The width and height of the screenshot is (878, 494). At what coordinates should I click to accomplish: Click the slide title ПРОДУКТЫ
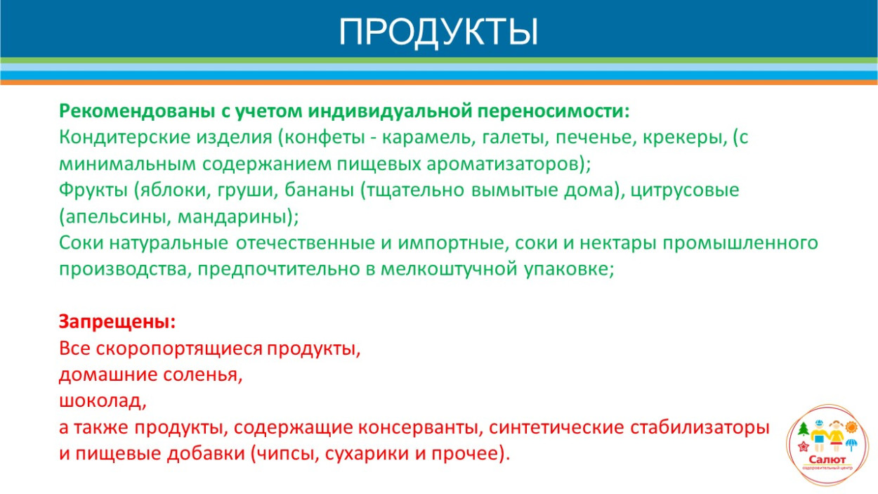pos(438,32)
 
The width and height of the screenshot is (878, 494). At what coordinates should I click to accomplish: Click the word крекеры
pos(688,137)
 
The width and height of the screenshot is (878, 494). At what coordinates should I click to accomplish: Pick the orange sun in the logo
pos(851,427)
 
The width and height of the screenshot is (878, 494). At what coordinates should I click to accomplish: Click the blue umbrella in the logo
pos(852,444)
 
